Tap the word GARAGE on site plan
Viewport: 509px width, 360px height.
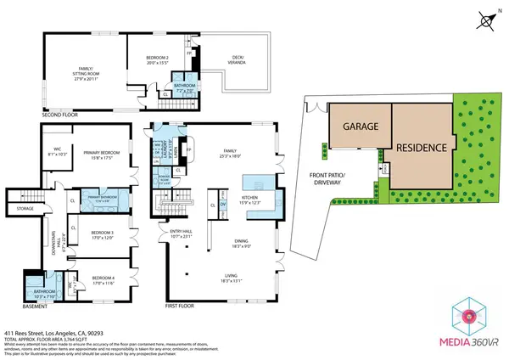coord(360,126)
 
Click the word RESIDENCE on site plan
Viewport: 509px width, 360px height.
coord(417,147)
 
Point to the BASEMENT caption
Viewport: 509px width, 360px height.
coord(34,306)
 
